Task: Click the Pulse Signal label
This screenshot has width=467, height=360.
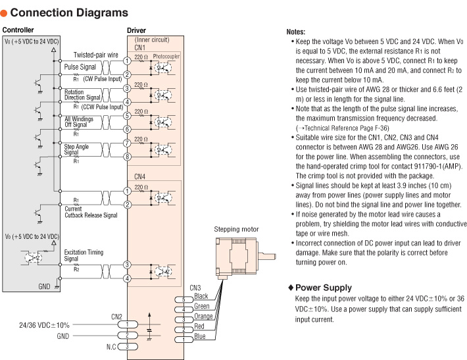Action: click(x=79, y=67)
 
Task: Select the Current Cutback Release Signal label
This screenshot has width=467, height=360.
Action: click(x=91, y=211)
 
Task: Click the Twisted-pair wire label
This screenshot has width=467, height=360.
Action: click(x=96, y=55)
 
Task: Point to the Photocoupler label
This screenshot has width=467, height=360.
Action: click(x=166, y=57)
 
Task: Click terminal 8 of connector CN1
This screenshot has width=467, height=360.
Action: click(x=126, y=156)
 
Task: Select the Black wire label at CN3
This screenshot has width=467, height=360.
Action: click(x=201, y=296)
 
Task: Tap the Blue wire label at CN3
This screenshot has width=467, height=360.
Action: click(x=200, y=336)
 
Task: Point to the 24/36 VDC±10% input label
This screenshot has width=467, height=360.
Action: click(x=45, y=324)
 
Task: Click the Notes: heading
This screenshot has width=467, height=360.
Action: click(x=296, y=32)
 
